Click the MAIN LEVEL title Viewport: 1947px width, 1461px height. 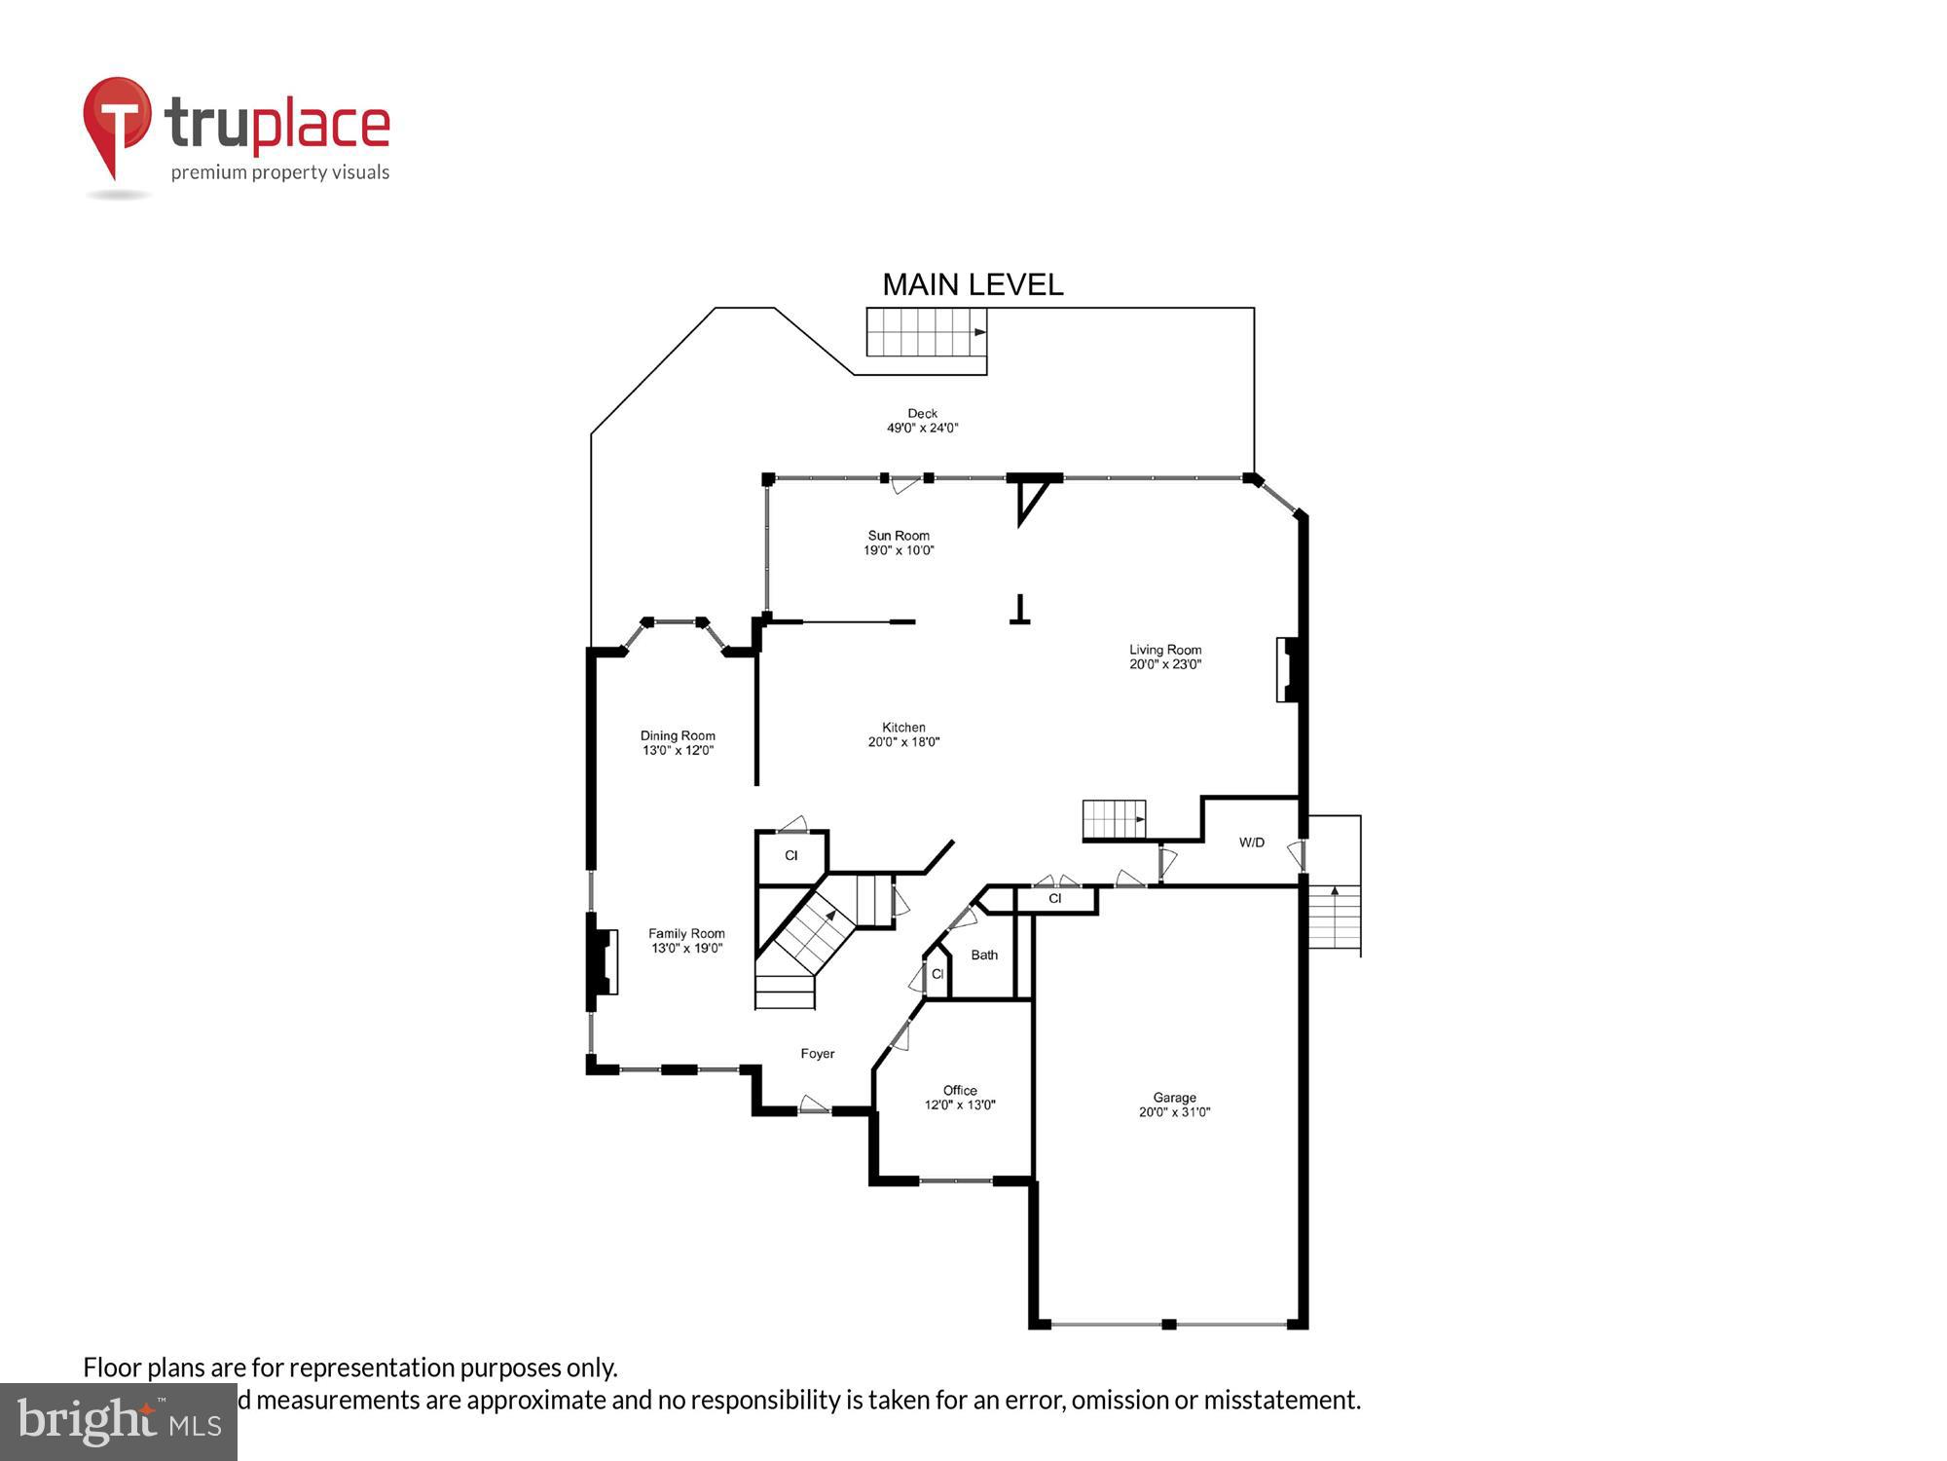(x=972, y=284)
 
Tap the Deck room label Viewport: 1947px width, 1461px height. (x=922, y=414)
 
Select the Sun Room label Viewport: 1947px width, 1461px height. (x=899, y=536)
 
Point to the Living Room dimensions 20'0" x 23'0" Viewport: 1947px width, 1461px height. (x=1165, y=665)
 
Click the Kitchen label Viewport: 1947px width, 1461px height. (x=903, y=728)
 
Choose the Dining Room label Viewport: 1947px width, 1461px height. (x=678, y=736)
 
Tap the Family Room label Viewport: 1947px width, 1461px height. (x=686, y=933)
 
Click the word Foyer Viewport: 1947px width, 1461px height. (x=818, y=1054)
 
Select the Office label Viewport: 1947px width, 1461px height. (x=960, y=1090)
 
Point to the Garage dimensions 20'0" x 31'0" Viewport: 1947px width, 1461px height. (x=1174, y=1112)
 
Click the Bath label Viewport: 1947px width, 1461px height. (x=984, y=955)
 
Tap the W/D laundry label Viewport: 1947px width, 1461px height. (x=1252, y=843)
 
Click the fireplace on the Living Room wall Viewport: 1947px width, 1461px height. (x=1289, y=669)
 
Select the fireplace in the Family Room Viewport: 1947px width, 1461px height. (x=603, y=961)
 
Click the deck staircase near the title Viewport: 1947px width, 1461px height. (x=926, y=332)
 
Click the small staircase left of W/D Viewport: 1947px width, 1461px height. (x=1114, y=819)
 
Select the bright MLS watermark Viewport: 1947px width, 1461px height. (x=118, y=1423)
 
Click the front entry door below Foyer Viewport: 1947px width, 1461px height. (x=814, y=1107)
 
